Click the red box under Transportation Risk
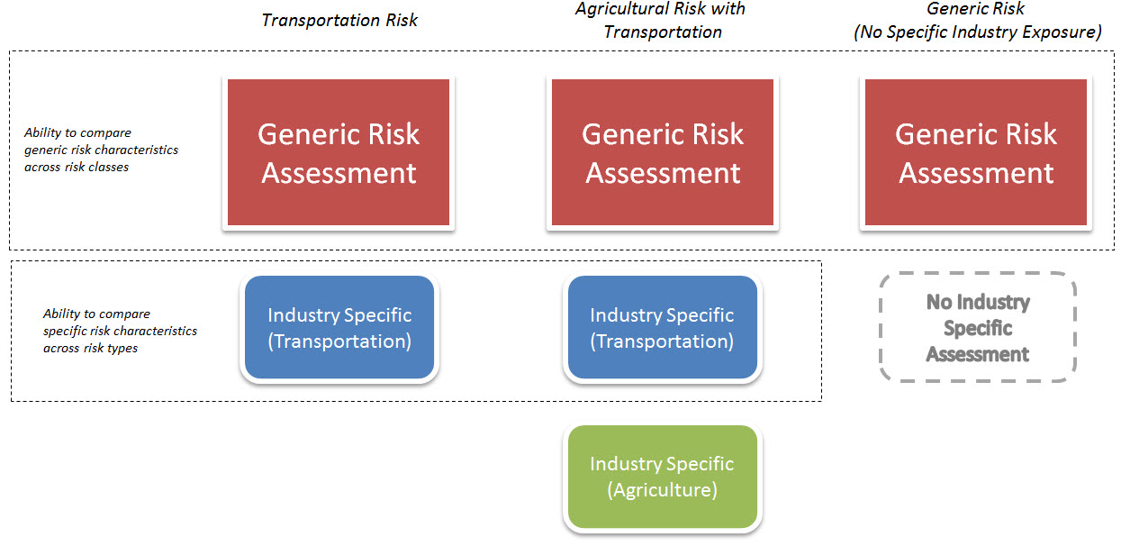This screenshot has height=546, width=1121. [339, 152]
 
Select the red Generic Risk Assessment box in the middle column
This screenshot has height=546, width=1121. [662, 152]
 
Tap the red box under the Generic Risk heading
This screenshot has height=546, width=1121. [975, 152]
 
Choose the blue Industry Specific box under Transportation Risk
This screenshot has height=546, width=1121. [339, 328]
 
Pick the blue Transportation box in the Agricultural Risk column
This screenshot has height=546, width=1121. [662, 328]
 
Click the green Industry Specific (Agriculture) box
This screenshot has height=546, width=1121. [662, 477]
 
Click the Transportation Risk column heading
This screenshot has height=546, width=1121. [339, 20]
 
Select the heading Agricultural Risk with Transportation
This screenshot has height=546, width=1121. [661, 21]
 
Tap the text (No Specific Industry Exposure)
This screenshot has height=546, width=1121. [977, 32]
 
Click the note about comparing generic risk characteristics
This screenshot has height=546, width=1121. [101, 150]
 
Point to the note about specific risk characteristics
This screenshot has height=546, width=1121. [120, 331]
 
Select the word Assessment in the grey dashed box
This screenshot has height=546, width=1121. [977, 354]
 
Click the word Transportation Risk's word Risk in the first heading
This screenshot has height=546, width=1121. [402, 20]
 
